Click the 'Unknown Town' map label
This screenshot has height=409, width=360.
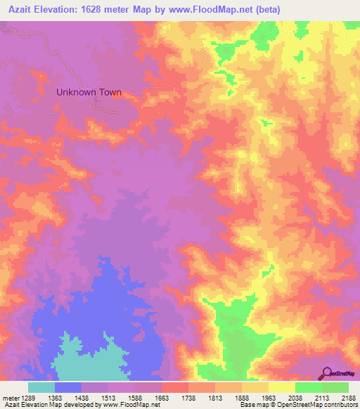tap(89, 92)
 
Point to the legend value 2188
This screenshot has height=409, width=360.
tap(349, 398)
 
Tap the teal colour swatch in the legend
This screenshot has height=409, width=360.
tap(41, 387)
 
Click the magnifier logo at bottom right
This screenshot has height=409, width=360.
tap(328, 373)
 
